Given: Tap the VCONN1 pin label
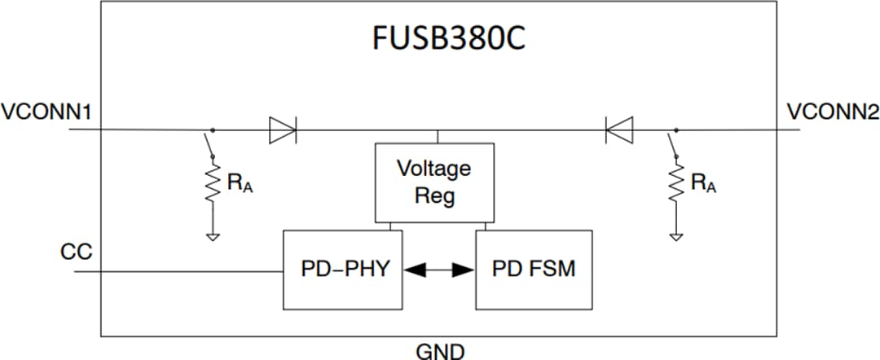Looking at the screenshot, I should click(45, 112).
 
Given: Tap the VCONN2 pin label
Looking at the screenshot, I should click(833, 112).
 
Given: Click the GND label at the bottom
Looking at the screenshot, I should click(440, 351).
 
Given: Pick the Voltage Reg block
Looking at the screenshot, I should click(433, 182).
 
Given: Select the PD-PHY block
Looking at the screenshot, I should click(341, 269).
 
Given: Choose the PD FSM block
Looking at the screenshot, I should click(534, 269).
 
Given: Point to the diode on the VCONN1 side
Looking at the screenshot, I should click(282, 130).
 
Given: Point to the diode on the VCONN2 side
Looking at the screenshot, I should click(619, 130).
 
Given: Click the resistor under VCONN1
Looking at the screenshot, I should click(213, 184).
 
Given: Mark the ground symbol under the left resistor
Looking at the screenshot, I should click(213, 237).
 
